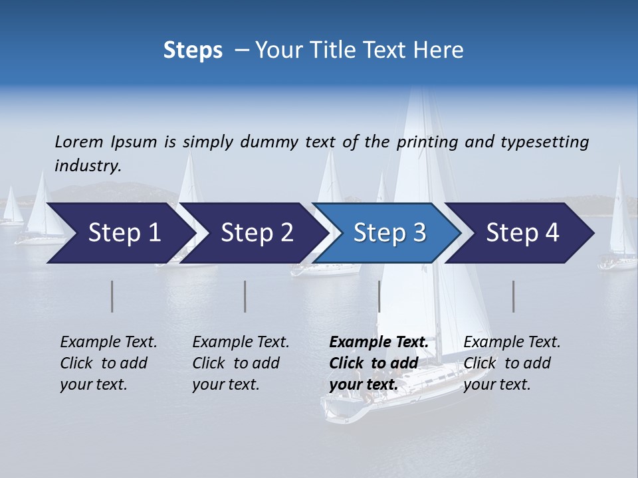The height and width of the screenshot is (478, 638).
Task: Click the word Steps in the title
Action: pos(193,50)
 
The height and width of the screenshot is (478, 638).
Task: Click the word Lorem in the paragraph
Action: pos(79,141)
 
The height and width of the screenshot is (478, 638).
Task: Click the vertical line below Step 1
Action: pos(112,296)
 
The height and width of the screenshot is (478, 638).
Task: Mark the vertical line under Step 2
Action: pos(245,296)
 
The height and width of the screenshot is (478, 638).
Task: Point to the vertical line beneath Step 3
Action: pos(379,296)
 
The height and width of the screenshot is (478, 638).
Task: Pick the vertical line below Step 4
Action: pos(514,296)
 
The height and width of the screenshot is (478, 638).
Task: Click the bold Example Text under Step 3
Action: pos(379,343)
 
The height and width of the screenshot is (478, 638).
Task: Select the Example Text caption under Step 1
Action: pos(108,343)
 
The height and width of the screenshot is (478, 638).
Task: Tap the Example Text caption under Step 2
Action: pos(241,343)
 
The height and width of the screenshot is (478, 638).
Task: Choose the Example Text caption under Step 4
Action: pos(512,343)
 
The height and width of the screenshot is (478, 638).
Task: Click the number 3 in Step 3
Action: pos(418,233)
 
